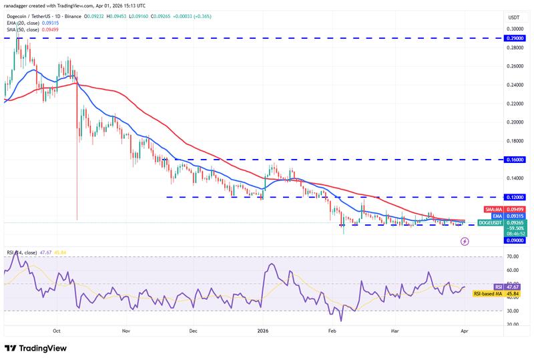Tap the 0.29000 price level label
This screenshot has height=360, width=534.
click(x=515, y=39)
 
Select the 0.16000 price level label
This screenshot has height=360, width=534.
click(x=515, y=160)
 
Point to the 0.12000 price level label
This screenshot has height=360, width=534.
click(x=515, y=198)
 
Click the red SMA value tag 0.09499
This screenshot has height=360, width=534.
click(x=515, y=209)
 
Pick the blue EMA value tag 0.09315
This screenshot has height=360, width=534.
click(x=515, y=216)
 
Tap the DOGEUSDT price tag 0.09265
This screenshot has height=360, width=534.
click(x=515, y=222)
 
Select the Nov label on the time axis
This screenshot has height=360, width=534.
click(x=125, y=331)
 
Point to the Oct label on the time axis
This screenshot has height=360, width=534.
click(x=57, y=331)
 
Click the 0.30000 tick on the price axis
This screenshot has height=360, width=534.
click(x=515, y=29)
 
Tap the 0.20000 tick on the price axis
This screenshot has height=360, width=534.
click(x=515, y=122)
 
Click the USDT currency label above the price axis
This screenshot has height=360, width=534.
click(x=514, y=17)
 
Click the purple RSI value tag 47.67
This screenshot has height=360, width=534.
click(x=515, y=286)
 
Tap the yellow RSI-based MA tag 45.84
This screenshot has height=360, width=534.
click(x=515, y=293)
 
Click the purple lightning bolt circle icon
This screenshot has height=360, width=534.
click(x=465, y=242)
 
